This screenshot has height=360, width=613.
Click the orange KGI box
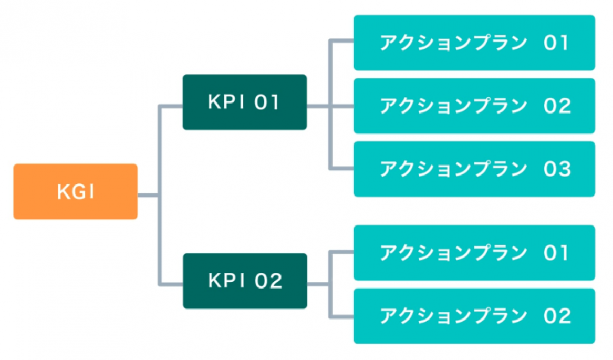76,191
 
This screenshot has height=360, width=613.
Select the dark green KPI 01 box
245,102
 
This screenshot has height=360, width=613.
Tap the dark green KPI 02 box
245,281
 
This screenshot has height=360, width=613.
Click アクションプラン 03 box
474,169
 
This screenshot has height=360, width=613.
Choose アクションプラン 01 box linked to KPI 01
474,43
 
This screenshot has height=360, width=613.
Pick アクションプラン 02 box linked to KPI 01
474,106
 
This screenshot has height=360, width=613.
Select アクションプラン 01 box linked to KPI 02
474,253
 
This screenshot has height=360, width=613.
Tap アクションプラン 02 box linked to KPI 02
474,316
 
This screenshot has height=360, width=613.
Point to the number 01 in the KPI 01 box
267,102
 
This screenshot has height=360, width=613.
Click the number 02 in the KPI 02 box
268,281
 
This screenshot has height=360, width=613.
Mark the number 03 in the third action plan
557,169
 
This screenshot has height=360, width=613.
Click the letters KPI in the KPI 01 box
226,102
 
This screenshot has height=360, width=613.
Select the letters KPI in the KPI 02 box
226,281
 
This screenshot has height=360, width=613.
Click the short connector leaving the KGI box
148,195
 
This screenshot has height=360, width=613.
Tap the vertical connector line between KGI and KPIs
160,195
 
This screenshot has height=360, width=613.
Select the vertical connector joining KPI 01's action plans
330,105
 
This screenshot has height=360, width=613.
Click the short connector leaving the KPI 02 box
318,284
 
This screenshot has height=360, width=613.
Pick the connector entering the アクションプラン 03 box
342,168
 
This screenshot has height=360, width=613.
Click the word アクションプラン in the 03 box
454,169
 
